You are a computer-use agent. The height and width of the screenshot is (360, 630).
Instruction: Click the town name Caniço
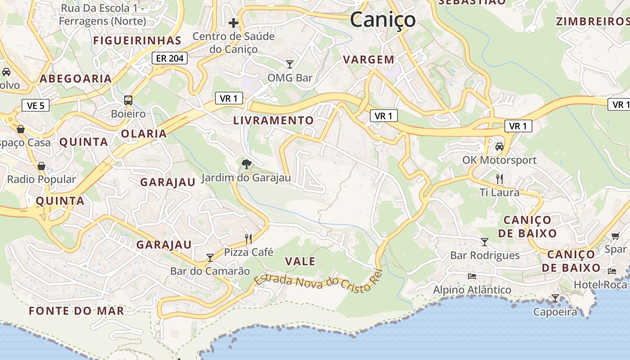click(x=382, y=20)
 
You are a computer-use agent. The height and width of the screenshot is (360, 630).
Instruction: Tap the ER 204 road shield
click(x=169, y=58)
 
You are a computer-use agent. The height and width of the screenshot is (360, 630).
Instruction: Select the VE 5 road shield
click(x=36, y=106)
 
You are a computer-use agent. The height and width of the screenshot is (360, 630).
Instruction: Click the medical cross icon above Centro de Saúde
click(x=233, y=22)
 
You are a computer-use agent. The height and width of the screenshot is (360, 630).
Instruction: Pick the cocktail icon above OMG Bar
click(x=290, y=64)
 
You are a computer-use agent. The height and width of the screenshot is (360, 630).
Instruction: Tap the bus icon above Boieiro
click(x=128, y=100)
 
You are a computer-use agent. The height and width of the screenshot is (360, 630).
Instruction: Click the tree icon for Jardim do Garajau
click(x=246, y=164)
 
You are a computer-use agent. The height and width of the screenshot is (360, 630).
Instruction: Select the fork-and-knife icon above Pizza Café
click(x=248, y=238)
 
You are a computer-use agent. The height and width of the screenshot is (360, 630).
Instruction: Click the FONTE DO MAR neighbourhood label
click(x=76, y=311)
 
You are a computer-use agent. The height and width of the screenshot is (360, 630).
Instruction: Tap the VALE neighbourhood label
click(x=300, y=261)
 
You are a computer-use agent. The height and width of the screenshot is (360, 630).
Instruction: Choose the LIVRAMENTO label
click(x=273, y=121)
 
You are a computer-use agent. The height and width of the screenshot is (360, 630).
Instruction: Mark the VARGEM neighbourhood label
click(x=369, y=59)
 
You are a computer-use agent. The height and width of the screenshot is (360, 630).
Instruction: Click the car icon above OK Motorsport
click(x=499, y=146)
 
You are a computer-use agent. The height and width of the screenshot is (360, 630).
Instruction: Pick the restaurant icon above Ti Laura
click(x=499, y=179)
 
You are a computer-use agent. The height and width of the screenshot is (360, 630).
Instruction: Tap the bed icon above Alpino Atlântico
click(x=472, y=276)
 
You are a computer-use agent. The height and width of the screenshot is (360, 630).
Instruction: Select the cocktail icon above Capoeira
click(x=555, y=298)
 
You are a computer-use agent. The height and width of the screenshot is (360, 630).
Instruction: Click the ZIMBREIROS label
click(x=592, y=22)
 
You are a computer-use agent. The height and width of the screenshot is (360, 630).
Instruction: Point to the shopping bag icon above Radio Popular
click(x=41, y=166)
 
